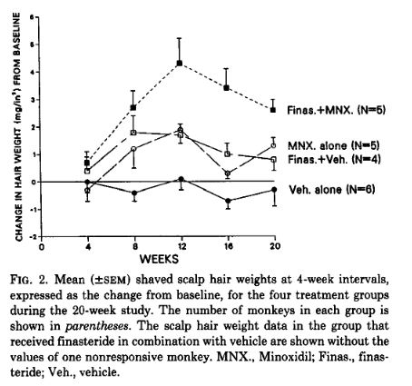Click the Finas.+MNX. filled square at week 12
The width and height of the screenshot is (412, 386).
click(x=180, y=64)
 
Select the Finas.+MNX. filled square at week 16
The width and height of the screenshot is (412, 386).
click(x=226, y=88)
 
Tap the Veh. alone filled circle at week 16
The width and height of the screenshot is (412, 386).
click(x=228, y=201)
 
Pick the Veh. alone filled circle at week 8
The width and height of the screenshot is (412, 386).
click(x=134, y=193)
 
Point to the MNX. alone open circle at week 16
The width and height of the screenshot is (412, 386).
click(x=228, y=173)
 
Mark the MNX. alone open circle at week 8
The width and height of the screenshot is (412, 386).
click(x=134, y=149)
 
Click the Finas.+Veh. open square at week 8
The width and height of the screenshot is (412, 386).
click(x=133, y=133)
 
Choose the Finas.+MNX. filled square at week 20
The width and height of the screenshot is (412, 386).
click(x=273, y=110)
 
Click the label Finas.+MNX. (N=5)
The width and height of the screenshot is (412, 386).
click(x=337, y=110)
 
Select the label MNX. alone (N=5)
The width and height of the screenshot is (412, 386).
click(x=333, y=145)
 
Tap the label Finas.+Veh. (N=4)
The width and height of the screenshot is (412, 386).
click(x=334, y=160)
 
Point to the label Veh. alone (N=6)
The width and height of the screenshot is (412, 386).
click(x=332, y=190)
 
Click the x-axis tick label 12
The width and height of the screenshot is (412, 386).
click(x=181, y=246)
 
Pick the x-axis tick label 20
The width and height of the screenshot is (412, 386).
click(x=275, y=246)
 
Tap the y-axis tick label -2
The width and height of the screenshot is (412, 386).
click(x=33, y=236)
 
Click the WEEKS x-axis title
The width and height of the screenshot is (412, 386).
click(x=159, y=259)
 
